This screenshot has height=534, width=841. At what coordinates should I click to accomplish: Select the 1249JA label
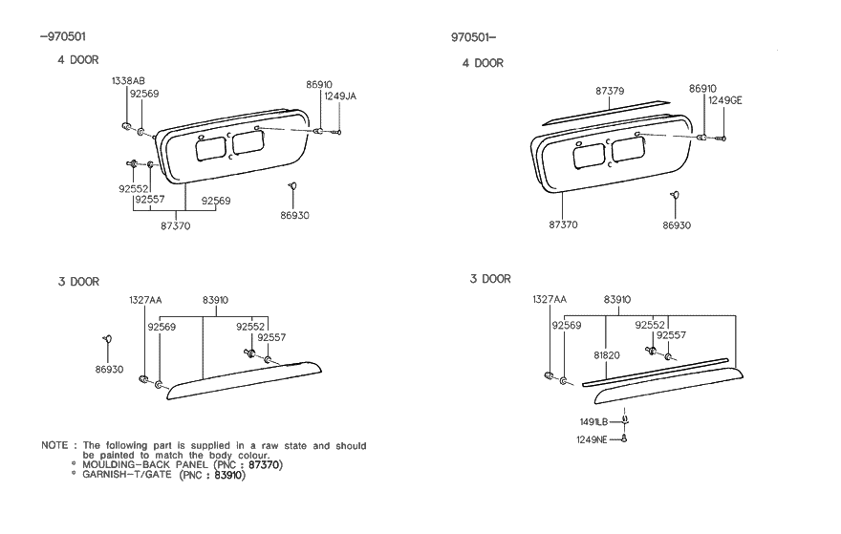coord(339,96)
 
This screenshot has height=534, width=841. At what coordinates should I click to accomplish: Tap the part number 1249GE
coord(723,99)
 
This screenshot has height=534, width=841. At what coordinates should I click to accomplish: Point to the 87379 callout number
coord(610,91)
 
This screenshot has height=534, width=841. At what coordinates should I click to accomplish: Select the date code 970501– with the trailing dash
coord(474,38)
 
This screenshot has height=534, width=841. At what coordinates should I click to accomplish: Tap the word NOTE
coord(54,445)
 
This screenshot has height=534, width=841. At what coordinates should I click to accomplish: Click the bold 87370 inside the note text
coord(266,464)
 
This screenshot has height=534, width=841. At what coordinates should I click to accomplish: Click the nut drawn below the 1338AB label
coord(127,126)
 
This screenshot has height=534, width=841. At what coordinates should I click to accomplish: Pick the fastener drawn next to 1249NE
coord(624,438)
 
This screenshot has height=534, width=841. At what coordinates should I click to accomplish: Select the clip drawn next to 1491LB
coord(624,419)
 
